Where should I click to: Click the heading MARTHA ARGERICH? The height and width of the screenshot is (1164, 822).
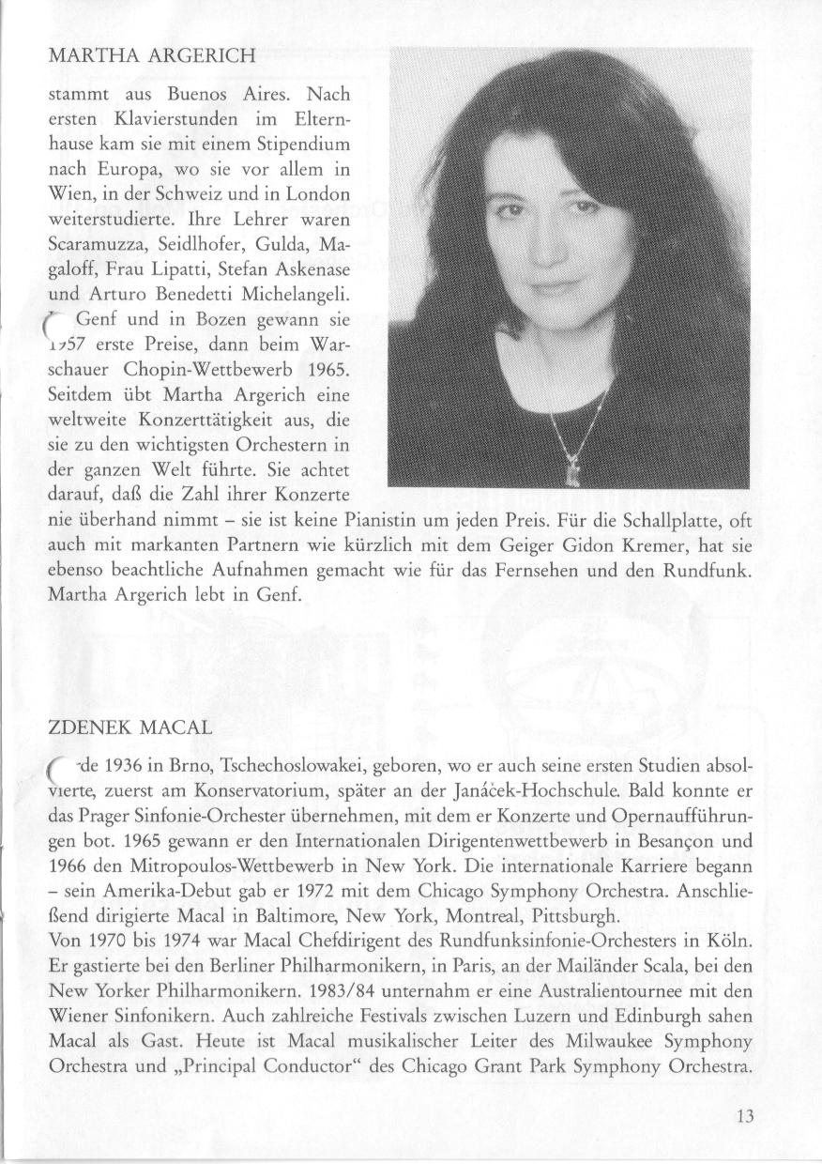[x=150, y=55]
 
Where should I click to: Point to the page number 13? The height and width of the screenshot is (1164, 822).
[x=745, y=1116]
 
